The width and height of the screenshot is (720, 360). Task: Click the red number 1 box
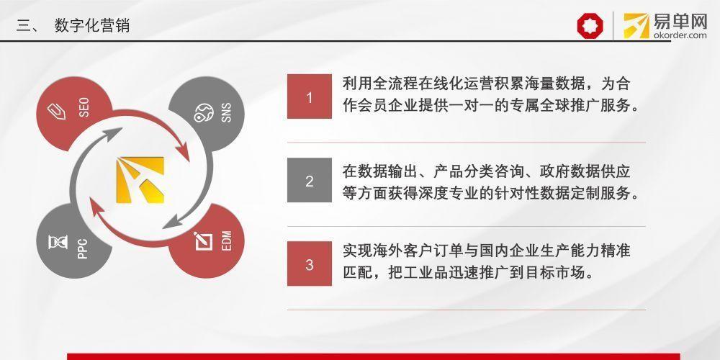coord(310,96)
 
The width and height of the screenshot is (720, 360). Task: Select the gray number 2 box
coord(310,180)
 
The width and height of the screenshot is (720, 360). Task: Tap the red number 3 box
coord(310,264)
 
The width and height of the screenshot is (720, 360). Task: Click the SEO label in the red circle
coord(84,107)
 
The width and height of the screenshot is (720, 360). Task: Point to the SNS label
coord(226,112)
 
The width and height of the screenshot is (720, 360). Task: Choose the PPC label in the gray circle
coord(83,248)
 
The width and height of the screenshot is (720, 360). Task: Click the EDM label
coord(226,240)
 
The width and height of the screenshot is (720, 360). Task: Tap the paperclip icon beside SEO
coord(56,111)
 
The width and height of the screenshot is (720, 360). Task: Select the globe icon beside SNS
coord(203,113)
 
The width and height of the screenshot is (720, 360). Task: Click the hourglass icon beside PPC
coord(58,242)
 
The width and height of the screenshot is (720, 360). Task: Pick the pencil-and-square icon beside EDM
coord(203,241)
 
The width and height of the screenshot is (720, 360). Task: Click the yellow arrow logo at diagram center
coord(140,180)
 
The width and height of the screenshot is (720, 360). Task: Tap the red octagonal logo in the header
coord(590,25)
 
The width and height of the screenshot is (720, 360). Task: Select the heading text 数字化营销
coord(92,25)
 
